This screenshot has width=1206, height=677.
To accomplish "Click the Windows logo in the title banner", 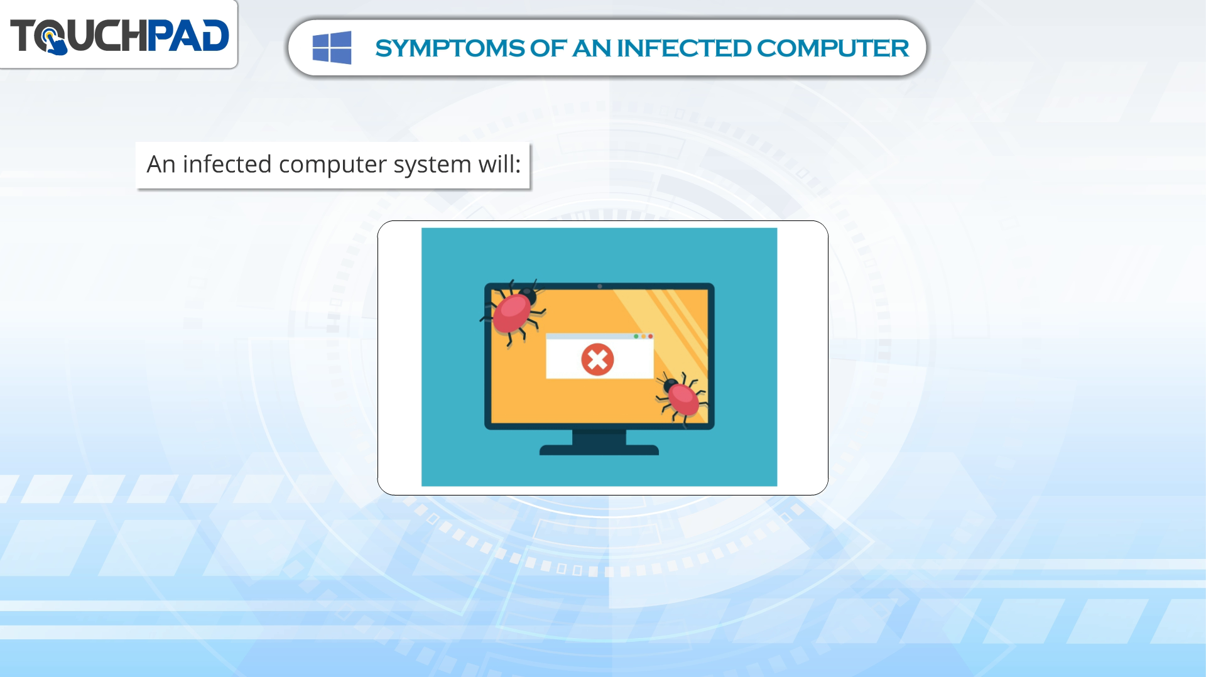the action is tap(332, 48).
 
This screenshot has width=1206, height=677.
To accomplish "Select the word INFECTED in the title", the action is tap(683, 48).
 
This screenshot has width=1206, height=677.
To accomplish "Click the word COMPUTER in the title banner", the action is tap(833, 48).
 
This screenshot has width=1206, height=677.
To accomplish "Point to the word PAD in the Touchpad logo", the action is tap(188, 35).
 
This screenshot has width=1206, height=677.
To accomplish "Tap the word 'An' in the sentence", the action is tap(161, 165).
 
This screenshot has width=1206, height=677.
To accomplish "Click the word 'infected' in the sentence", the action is tap(227, 165).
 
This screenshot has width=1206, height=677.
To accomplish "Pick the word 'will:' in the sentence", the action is tap(500, 165).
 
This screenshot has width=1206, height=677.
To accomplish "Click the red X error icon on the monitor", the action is tap(597, 360).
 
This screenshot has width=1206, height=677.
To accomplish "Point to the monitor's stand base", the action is tap(599, 449).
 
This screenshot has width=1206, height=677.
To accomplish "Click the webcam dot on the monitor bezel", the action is tap(600, 286).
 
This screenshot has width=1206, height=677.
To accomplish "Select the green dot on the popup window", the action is tap(636, 337).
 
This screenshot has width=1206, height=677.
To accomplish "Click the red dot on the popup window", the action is tap(650, 337).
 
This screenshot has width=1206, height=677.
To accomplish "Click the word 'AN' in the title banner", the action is tap(591, 48).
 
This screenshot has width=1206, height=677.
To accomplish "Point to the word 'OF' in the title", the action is tap(548, 48).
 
